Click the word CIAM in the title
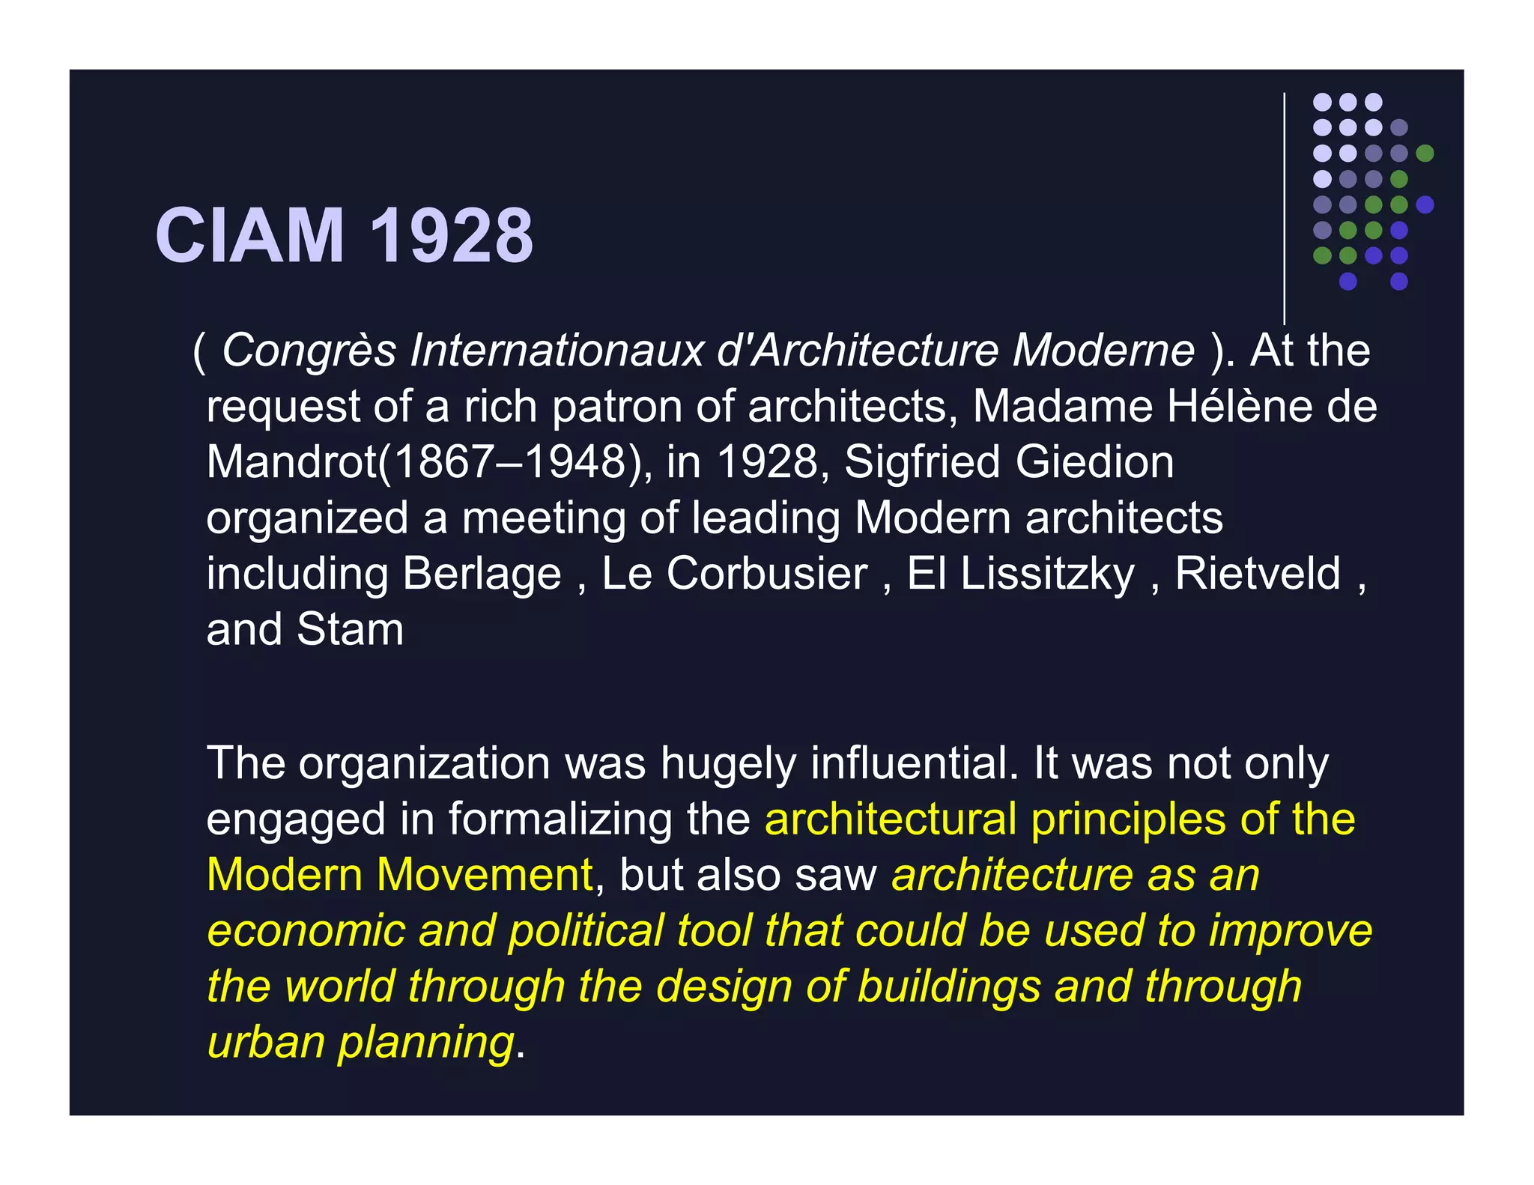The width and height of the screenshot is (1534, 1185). (249, 236)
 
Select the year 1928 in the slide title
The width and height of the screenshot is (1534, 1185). (452, 236)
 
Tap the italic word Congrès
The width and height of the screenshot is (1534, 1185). (309, 351)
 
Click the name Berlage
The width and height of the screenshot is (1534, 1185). (482, 575)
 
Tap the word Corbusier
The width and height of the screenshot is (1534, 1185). (766, 574)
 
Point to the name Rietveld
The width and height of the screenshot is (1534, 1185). (1258, 574)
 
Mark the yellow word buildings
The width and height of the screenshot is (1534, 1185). (949, 987)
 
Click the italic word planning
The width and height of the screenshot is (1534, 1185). (425, 1043)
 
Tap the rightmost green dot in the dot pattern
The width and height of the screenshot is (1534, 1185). (1425, 154)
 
